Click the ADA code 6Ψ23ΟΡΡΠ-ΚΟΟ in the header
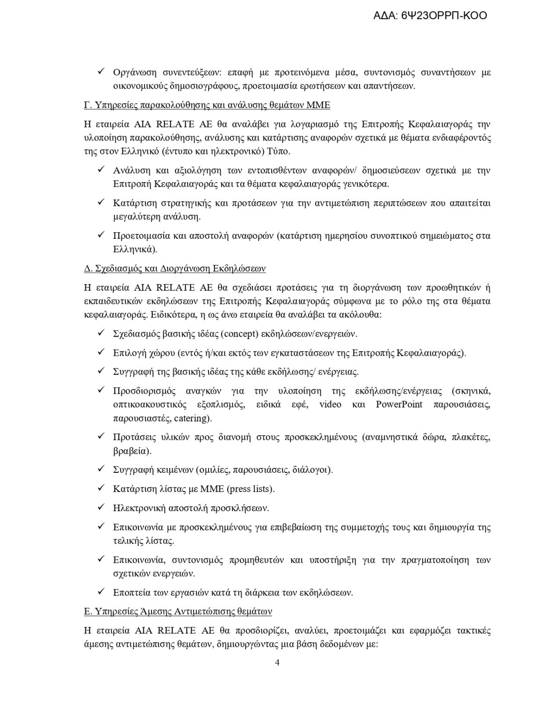(x=444, y=15)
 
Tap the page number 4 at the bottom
(x=277, y=662)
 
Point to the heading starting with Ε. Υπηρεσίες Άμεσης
(x=178, y=611)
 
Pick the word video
(x=330, y=404)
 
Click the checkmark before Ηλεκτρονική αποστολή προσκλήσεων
(x=101, y=507)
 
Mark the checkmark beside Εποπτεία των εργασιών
(x=101, y=592)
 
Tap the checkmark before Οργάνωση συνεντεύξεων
(x=101, y=73)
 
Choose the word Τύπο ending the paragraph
(x=278, y=151)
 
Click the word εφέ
(x=300, y=404)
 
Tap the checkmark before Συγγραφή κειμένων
(x=101, y=470)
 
